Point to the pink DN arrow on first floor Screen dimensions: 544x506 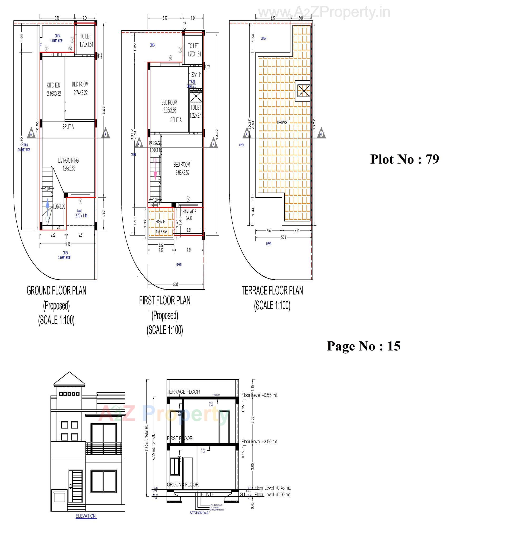155,171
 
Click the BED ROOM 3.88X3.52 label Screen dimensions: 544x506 182,168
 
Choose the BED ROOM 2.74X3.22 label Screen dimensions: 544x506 80,88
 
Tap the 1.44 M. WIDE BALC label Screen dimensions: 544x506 189,215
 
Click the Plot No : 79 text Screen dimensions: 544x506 404,159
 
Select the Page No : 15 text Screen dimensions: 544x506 363,346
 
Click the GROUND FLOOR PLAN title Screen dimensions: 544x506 56,290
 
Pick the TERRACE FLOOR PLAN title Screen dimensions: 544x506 272,290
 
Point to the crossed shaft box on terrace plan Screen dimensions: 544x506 304,90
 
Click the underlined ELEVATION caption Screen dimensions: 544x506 86,516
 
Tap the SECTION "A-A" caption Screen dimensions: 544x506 200,513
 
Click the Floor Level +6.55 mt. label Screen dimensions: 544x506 260,395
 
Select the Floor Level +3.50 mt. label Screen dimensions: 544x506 260,441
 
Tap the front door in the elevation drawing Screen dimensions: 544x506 75,486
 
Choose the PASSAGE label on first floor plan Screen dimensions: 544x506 155,143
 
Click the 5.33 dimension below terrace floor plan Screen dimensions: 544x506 283,237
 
